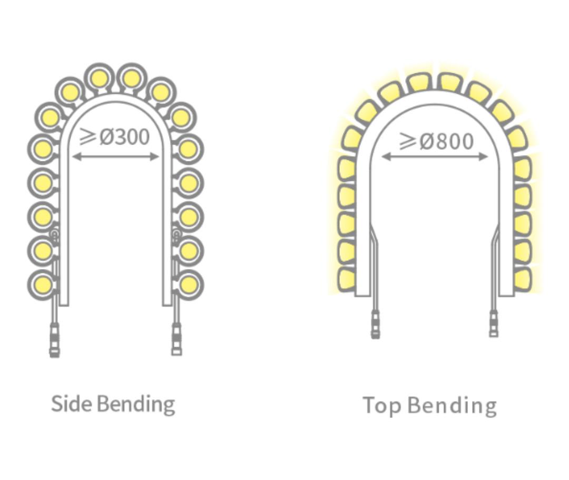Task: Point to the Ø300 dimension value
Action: [x=125, y=137]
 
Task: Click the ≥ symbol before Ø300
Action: [x=87, y=136]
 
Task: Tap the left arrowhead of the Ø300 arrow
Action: [x=75, y=156]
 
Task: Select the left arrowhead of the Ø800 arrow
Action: [x=384, y=157]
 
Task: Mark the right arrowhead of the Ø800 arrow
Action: [x=486, y=157]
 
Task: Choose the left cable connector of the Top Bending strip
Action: [x=375, y=323]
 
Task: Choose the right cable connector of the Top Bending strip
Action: [x=494, y=323]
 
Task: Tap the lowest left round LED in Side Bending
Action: [x=42, y=285]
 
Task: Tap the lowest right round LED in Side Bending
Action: [x=189, y=285]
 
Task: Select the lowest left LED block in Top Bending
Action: [x=346, y=278]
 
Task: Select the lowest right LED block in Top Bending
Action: [x=522, y=278]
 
